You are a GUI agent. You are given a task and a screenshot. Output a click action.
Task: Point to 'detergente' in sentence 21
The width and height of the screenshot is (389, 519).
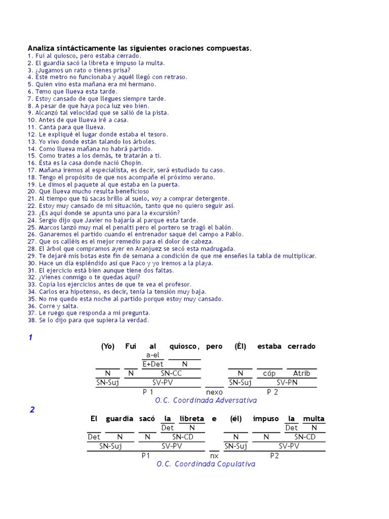click(212, 199)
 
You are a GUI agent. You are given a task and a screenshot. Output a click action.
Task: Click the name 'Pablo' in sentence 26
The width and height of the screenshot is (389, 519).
click(235, 234)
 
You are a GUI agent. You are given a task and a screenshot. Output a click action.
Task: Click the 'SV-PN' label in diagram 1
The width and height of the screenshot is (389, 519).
click(287, 383)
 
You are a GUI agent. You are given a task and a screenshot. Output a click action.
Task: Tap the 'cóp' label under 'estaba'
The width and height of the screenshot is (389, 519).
click(269, 374)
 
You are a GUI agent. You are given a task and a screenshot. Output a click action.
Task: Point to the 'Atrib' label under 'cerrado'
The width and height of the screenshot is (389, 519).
click(301, 374)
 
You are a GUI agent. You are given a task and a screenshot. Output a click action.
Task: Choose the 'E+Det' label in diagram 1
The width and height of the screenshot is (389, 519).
click(153, 364)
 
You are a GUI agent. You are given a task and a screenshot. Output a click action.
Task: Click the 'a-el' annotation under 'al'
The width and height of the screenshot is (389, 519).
click(152, 355)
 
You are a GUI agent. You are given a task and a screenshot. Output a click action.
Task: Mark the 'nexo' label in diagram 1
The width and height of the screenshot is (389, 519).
click(214, 392)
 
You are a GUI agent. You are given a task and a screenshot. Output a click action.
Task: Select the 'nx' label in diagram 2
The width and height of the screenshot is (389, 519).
click(214, 455)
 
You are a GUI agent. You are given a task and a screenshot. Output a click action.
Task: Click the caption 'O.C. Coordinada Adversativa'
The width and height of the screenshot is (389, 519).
click(206, 400)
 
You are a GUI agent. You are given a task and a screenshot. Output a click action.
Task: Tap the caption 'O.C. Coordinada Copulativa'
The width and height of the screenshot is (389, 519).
click(206, 464)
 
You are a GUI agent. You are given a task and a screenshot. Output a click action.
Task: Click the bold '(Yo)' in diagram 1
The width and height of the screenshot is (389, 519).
click(108, 346)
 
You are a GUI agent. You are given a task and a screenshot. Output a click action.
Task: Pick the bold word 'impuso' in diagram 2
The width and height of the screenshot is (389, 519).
click(265, 419)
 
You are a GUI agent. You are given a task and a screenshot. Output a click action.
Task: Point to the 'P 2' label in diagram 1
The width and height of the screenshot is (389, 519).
click(273, 392)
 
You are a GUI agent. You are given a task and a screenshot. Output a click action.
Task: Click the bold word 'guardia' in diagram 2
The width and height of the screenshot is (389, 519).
click(119, 419)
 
